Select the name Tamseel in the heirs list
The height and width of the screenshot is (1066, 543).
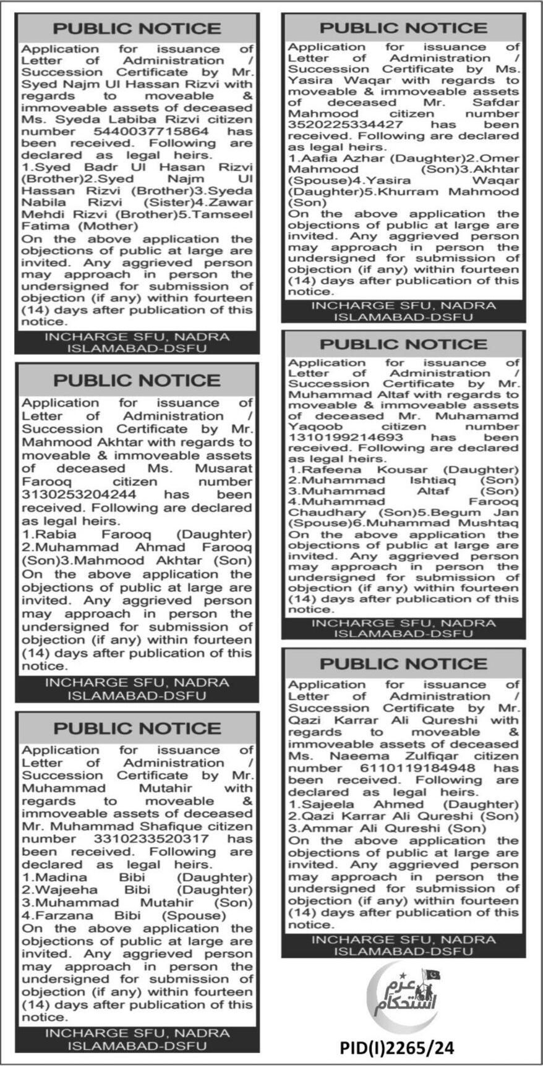point(228,214)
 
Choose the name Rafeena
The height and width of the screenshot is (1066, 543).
point(323,470)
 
